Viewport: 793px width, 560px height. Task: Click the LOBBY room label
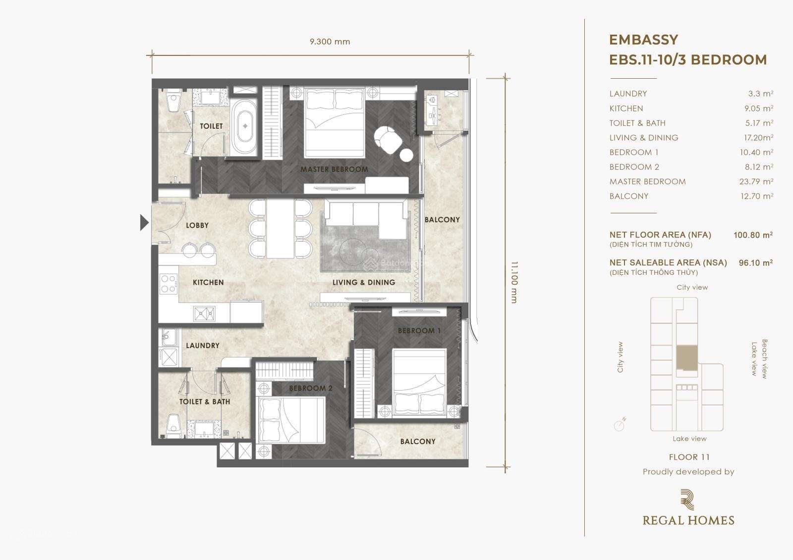point(197,225)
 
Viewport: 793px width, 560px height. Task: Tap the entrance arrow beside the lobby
point(144,222)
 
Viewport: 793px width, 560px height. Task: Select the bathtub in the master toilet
point(245,126)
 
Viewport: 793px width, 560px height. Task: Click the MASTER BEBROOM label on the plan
point(334,169)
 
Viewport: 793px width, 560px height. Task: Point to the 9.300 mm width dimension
point(330,42)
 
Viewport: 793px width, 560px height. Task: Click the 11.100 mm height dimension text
point(514,283)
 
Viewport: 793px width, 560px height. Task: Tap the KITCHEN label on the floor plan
point(208,282)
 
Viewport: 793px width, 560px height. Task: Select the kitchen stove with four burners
point(169,284)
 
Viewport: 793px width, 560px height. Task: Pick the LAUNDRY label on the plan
point(203,346)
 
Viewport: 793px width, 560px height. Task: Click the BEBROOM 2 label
point(311,388)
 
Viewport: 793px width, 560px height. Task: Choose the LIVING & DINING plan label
point(364,282)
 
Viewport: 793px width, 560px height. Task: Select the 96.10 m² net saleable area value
point(756,263)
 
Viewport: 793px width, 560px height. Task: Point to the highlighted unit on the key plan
point(687,358)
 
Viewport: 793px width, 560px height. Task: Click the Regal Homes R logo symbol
point(687,499)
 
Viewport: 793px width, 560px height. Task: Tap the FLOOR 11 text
point(689,457)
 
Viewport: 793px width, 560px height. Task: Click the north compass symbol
point(620,425)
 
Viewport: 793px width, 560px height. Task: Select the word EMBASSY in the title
point(644,40)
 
